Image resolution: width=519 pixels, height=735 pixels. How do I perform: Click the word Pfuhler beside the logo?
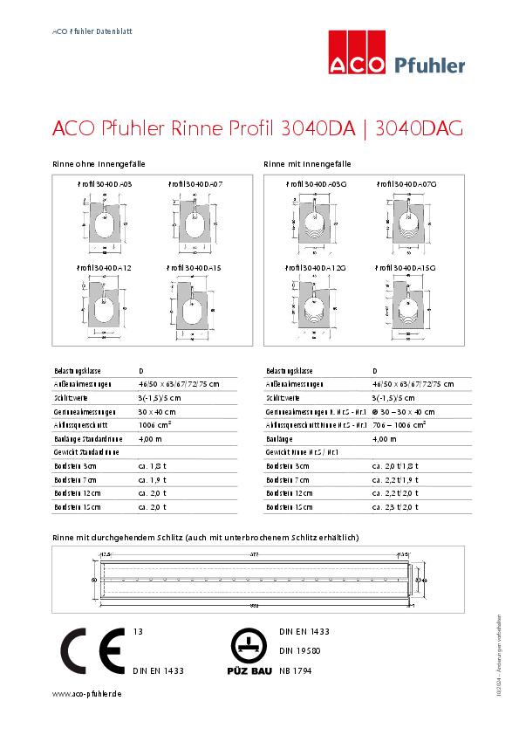coord(430,65)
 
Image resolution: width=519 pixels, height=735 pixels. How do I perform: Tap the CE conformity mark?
coord(92,650)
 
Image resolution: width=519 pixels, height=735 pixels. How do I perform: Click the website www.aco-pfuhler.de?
coord(86,693)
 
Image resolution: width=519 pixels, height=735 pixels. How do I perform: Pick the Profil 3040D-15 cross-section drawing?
coord(195,306)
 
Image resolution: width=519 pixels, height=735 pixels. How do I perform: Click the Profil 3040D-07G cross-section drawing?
coord(406,223)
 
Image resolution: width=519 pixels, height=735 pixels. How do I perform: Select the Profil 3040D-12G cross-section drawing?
coord(315,306)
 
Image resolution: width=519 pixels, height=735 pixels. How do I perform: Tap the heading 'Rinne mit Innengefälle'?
coord(307,164)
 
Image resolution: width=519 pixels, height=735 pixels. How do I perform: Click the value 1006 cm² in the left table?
coord(155,424)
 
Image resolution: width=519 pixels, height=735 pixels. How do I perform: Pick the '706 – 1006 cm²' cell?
coord(399,424)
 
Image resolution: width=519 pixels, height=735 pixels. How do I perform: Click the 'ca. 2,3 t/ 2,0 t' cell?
coord(395,506)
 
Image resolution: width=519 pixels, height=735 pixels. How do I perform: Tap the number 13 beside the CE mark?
coord(137,630)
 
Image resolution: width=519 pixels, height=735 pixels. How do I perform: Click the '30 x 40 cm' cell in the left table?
coord(157,411)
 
